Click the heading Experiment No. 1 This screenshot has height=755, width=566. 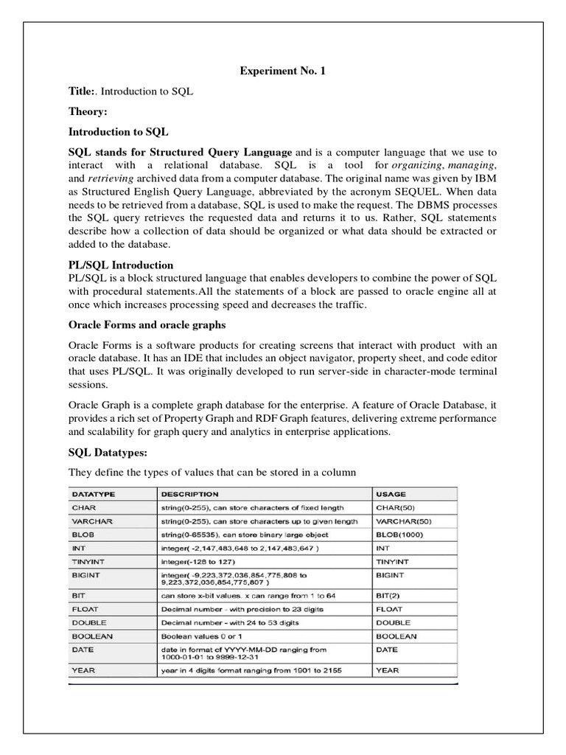tap(282, 72)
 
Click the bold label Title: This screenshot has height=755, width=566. tap(82, 91)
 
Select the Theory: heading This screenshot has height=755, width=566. tap(88, 111)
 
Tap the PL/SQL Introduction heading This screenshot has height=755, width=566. tap(121, 265)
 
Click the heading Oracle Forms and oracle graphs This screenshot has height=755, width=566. tap(147, 324)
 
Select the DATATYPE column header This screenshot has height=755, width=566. tap(94, 494)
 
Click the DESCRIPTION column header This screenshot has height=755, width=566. tap(189, 494)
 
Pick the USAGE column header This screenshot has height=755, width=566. tap(391, 494)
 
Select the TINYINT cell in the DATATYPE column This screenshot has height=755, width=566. tap(88, 562)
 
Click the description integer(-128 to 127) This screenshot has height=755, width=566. tap(203, 562)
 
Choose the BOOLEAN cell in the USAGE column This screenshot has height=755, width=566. tap(396, 636)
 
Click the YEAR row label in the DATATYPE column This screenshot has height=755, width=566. tap(82, 670)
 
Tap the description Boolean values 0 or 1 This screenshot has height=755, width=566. tap(207, 636)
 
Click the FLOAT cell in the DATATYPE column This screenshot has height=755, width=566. tap(85, 609)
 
